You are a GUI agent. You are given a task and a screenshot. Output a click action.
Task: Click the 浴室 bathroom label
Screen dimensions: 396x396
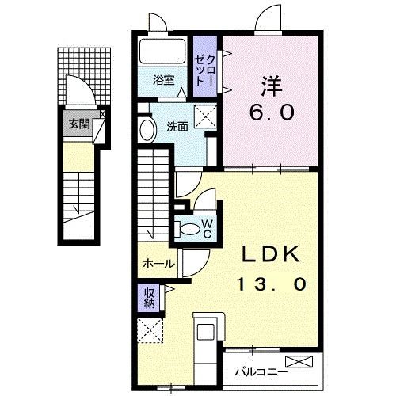[x=164, y=79]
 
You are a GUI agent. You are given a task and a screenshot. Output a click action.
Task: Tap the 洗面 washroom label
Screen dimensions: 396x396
[x=177, y=126]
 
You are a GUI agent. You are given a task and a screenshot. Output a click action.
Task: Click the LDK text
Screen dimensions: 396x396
[x=269, y=255]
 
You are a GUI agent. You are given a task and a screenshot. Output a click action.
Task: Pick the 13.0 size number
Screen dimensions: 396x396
[x=269, y=284]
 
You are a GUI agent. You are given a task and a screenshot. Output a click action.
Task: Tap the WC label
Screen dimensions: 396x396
[x=206, y=228]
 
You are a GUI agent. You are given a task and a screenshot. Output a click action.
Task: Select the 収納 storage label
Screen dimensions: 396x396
[x=150, y=298]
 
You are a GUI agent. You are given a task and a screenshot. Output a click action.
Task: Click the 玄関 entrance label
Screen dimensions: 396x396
[x=77, y=124]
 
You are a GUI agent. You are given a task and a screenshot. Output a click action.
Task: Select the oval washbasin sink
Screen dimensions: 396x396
[x=147, y=130]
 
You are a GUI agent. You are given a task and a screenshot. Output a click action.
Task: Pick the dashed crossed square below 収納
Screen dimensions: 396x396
[x=148, y=330]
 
